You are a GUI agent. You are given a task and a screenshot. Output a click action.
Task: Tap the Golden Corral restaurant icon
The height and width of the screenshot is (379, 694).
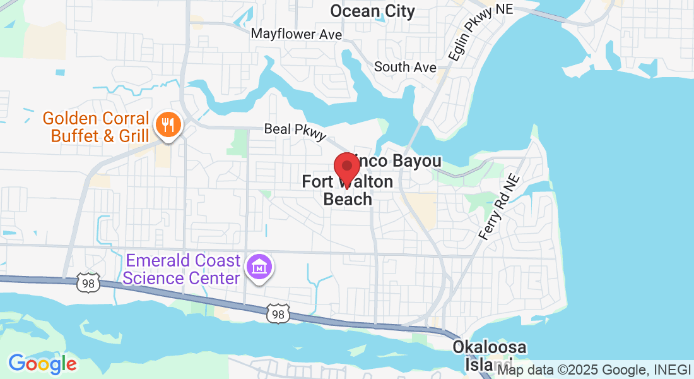pos(167,124)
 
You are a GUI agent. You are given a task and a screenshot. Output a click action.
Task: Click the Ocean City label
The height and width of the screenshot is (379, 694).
pos(373,11)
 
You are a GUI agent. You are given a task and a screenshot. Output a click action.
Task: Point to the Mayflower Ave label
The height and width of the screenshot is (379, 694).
pos(297,33)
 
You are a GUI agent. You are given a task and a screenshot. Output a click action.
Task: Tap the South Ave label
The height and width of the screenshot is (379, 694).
pos(405,66)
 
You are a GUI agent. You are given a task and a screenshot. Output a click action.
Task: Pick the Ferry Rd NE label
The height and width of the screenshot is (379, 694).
pos(498,207)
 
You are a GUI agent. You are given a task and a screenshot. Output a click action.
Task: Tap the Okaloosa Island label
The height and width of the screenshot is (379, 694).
pos(489,355)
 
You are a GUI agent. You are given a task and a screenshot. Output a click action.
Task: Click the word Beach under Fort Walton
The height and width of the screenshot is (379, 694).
pos(348,199)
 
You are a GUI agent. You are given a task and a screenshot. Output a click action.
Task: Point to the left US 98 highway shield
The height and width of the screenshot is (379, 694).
pos(88,284)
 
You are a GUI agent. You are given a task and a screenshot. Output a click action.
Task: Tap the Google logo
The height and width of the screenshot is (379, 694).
pos(42,364)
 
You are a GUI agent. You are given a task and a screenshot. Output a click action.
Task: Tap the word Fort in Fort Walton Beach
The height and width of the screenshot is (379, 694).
pos(317,182)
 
